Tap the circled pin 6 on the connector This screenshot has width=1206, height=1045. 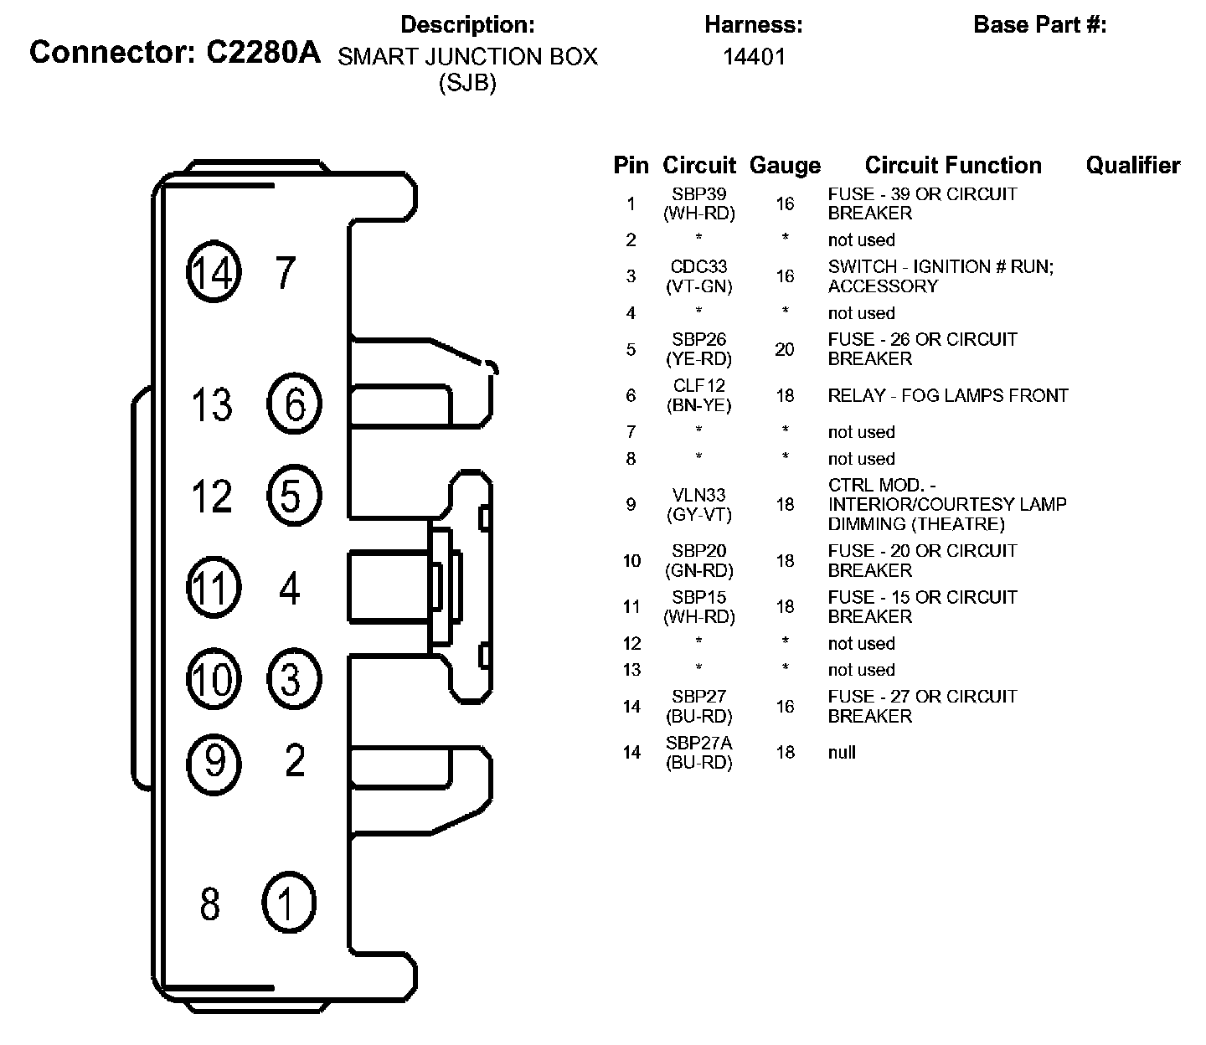point(294,404)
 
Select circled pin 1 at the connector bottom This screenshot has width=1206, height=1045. point(289,903)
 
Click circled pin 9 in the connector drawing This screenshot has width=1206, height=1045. point(214,762)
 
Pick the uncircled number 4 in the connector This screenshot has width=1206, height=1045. point(290,589)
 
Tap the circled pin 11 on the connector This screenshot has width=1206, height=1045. point(214,587)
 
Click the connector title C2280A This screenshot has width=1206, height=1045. point(175,53)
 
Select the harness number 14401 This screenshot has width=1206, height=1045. point(754,57)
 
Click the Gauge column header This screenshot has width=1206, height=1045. point(785,166)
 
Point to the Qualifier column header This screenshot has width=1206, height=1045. point(1132,166)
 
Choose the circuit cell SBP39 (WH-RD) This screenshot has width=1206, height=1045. point(699,203)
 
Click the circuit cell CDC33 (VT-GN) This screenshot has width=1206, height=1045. point(699,276)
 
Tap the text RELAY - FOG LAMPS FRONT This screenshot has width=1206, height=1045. point(948,395)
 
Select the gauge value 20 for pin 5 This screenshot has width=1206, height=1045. point(785,349)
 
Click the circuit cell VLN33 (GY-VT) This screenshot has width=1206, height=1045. point(699,505)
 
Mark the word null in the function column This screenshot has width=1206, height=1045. point(842,752)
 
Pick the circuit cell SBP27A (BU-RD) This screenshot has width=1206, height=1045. point(699,753)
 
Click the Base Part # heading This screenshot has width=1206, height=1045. point(1039,25)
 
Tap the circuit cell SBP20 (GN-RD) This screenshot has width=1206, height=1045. point(699,561)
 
